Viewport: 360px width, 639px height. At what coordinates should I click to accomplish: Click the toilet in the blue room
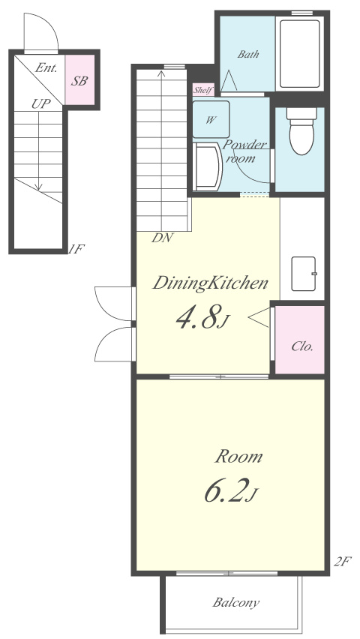301,130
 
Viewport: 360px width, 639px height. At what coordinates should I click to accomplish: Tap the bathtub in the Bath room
300,53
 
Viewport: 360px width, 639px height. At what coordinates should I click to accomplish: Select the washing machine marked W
211,119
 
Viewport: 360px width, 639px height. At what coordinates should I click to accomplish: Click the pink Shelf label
203,90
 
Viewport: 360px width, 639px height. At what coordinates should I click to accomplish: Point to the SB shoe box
79,80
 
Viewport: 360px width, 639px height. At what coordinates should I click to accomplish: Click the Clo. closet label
302,346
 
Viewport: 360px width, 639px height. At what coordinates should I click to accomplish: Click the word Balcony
235,602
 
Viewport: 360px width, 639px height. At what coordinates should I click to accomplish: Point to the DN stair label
163,238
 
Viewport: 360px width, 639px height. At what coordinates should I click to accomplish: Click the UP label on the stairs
41,104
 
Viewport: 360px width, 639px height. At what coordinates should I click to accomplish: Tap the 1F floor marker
76,249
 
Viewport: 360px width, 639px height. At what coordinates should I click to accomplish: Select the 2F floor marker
342,562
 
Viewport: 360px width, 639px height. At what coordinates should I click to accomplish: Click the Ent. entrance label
45,67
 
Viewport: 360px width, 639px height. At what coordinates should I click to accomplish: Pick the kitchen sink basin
303,274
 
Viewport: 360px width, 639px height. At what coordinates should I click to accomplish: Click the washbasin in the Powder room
207,166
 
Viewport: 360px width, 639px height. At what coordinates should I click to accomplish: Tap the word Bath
248,54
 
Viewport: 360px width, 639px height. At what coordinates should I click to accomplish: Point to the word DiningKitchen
210,283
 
